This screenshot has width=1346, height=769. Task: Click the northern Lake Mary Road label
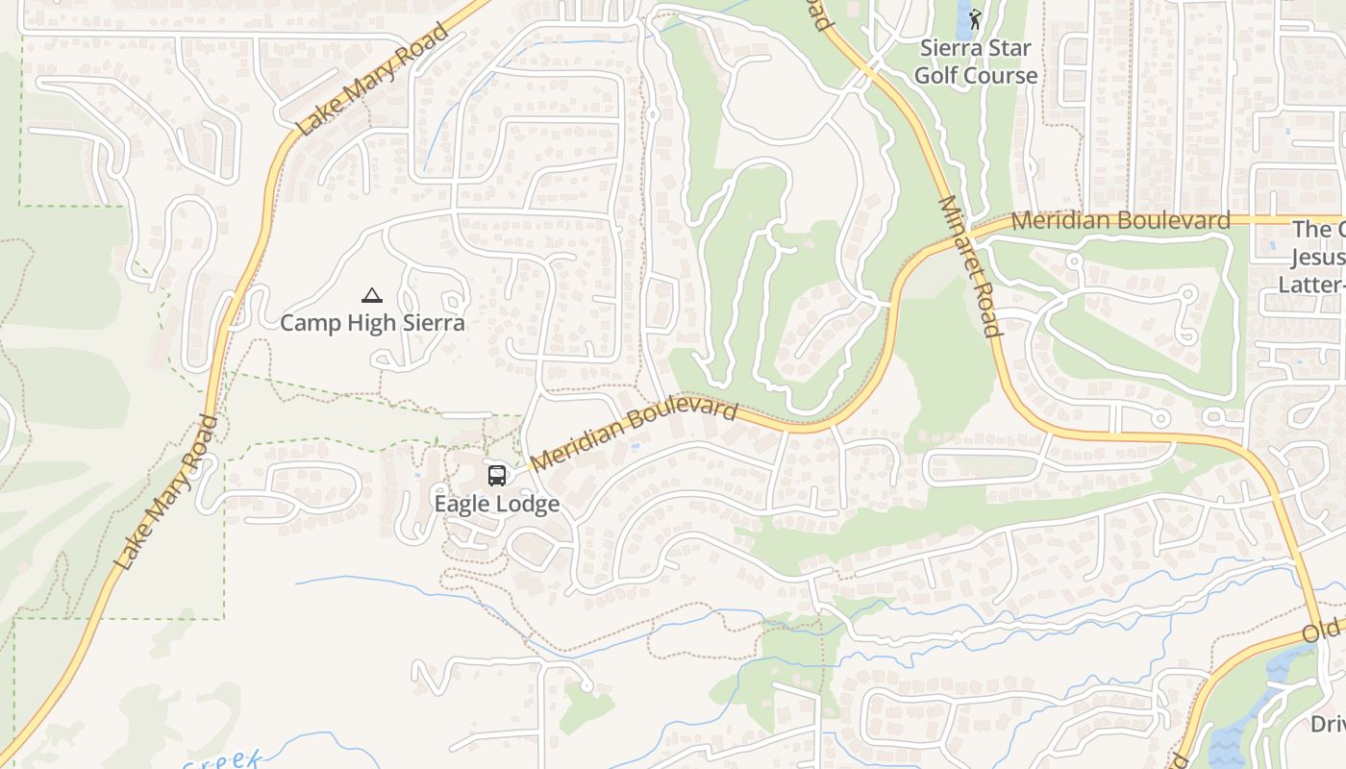pyautogui.click(x=372, y=79)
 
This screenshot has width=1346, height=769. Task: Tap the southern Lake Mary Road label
pyautogui.click(x=165, y=492)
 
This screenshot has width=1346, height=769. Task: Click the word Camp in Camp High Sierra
pyautogui.click(x=310, y=323)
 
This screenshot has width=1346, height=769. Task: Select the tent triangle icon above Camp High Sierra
pyautogui.click(x=372, y=295)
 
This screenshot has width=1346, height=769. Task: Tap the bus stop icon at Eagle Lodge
pyautogui.click(x=497, y=475)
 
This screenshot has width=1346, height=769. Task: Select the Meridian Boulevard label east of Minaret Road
pyautogui.click(x=1120, y=220)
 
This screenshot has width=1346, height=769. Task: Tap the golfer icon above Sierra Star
pyautogui.click(x=976, y=19)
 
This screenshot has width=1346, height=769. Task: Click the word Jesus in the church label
pyautogui.click(x=1317, y=257)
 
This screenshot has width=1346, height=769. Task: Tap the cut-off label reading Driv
pyautogui.click(x=1327, y=723)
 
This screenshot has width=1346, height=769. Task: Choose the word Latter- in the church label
pyautogui.click(x=1311, y=285)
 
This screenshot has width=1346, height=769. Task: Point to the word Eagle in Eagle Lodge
pyautogui.click(x=463, y=504)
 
